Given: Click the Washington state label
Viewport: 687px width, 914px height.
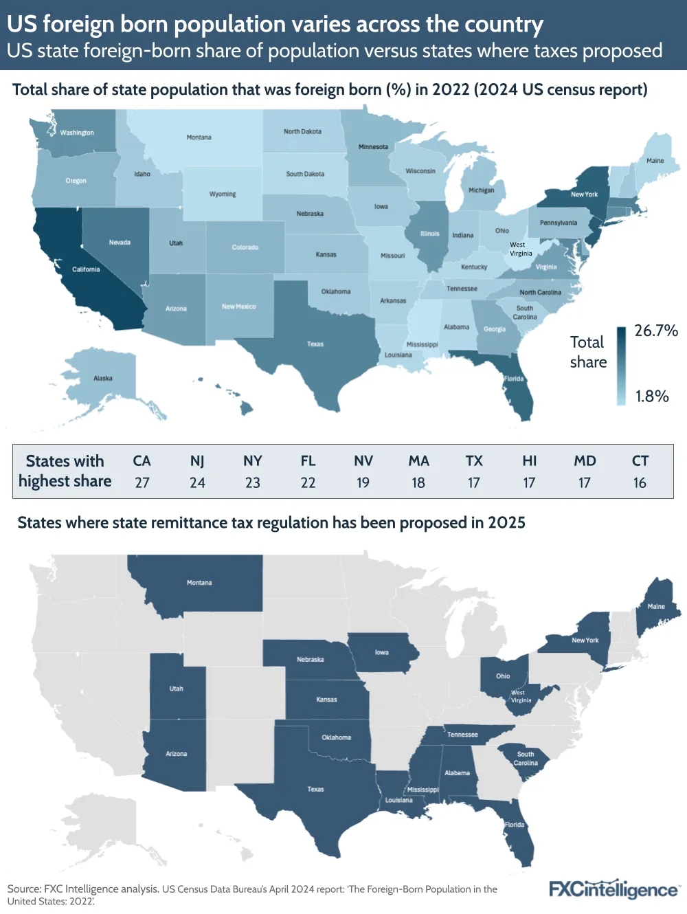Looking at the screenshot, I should tap(77, 133).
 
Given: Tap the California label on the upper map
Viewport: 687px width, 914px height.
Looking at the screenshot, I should tap(86, 269).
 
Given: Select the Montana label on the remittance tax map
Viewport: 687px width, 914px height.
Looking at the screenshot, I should tap(199, 583).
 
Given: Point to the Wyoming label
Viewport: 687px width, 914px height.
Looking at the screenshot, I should tap(223, 194).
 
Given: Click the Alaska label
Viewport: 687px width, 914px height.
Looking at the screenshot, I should tap(103, 379).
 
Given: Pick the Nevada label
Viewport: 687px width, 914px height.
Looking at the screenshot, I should tap(120, 243).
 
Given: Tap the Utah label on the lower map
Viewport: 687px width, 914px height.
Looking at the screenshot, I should tap(177, 689).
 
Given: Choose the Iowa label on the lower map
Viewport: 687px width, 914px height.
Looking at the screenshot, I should tap(381, 653).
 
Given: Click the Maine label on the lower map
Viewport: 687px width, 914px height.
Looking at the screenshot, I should tap(656, 607).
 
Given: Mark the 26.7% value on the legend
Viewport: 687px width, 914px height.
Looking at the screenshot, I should tap(656, 331).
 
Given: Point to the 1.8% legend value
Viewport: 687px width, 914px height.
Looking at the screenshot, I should tap(652, 397).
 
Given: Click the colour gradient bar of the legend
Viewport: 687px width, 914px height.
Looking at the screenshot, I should tap(622, 366).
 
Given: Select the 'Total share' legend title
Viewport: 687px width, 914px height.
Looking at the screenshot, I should tap(588, 352).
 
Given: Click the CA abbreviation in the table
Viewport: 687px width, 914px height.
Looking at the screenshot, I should tap(142, 461).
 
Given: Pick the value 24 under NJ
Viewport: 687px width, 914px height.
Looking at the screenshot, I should tap(197, 483).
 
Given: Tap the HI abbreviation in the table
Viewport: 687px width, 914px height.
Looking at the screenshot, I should tap(530, 461).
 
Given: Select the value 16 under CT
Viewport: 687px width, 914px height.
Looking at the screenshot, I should tap(640, 483).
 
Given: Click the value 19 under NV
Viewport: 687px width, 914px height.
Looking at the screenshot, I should tap(363, 483).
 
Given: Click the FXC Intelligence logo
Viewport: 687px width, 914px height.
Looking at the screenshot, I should tap(613, 889).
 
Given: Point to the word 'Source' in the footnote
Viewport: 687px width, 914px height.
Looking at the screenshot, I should tap(23, 889).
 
